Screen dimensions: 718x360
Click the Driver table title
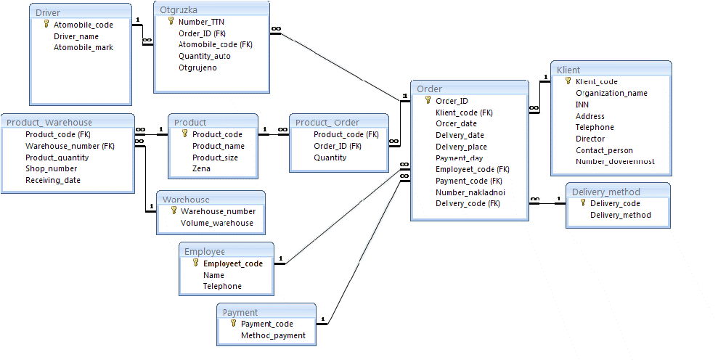tap(48, 13)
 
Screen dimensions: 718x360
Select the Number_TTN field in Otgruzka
tap(202, 22)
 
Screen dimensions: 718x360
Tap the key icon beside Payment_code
tap(233, 324)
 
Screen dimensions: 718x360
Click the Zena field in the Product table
tap(202, 168)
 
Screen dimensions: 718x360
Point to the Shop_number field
tap(45, 169)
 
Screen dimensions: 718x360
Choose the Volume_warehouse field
tap(217, 223)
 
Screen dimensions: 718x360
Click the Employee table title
tap(205, 251)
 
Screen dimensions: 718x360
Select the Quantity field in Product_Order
tap(330, 157)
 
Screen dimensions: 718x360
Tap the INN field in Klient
tap(582, 105)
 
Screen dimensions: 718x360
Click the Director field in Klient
tap(590, 139)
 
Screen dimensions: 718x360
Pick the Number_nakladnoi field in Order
tap(470, 192)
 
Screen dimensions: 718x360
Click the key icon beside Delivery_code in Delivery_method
tap(583, 202)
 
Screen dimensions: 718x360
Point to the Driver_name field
tap(76, 36)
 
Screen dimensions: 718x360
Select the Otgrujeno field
tap(197, 67)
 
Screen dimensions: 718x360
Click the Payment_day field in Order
tap(460, 158)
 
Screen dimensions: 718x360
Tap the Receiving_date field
tap(53, 181)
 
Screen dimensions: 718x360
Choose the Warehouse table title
tap(186, 200)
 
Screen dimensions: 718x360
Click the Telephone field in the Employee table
tap(222, 286)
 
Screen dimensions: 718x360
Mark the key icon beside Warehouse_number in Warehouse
tap(174, 210)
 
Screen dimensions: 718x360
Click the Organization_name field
tap(611, 94)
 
